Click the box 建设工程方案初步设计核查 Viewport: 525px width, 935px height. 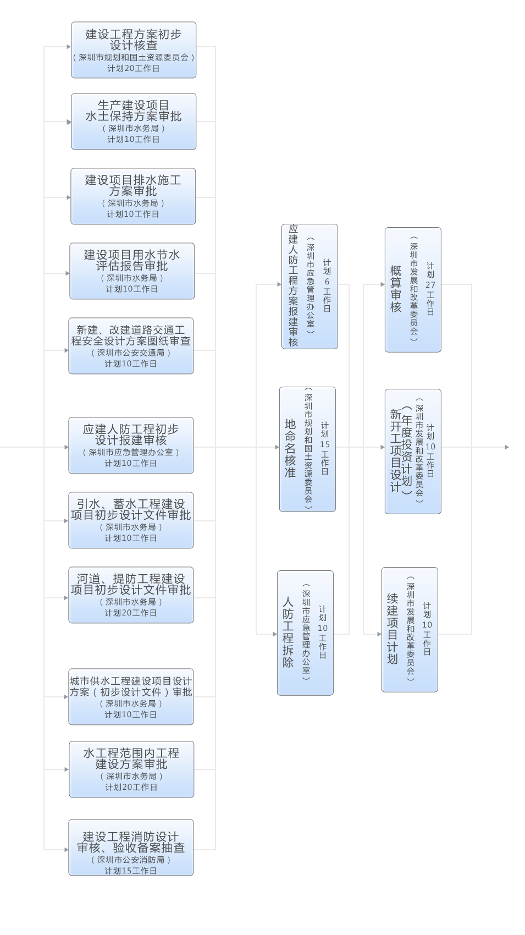pyautogui.click(x=134, y=50)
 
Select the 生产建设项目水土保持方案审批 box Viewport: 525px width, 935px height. pyautogui.click(x=134, y=122)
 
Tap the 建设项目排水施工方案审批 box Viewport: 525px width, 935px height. pyautogui.click(x=133, y=196)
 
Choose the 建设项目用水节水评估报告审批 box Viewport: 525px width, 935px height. pyautogui.click(x=132, y=271)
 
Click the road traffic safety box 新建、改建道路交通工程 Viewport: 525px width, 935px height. pyautogui.click(x=131, y=346)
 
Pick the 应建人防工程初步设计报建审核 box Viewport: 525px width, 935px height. pyautogui.click(x=131, y=446)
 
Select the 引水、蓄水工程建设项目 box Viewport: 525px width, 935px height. pyautogui.click(x=131, y=520)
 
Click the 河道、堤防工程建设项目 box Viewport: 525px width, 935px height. pyautogui.click(x=131, y=595)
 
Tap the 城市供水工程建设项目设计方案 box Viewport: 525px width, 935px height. pyautogui.click(x=131, y=697)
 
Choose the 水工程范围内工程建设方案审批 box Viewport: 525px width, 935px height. pyautogui.click(x=131, y=769)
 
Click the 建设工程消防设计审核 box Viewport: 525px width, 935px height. pyautogui.click(x=131, y=848)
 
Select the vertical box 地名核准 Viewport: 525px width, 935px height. pyautogui.click(x=307, y=449)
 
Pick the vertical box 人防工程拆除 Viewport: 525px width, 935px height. pyautogui.click(x=305, y=633)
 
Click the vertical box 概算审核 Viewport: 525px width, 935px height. pyautogui.click(x=413, y=290)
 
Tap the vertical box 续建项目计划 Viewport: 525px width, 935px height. pyautogui.click(x=410, y=630)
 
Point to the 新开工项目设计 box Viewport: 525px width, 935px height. pyautogui.click(x=413, y=452)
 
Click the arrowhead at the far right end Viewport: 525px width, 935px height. pyautogui.click(x=507, y=447)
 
